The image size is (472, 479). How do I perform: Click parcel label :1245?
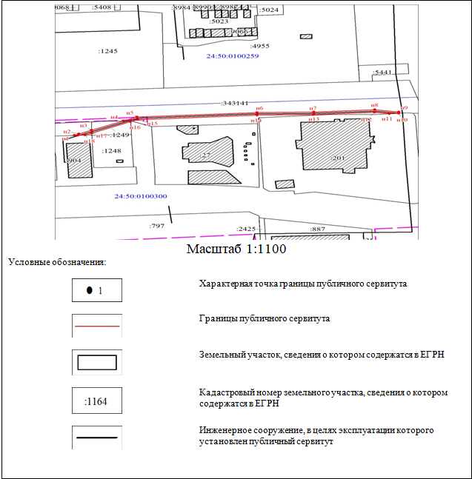[x=108, y=51]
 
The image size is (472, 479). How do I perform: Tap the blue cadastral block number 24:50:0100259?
[x=233, y=56]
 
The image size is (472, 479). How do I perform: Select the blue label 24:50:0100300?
[x=141, y=196]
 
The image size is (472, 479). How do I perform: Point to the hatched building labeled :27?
[x=208, y=153]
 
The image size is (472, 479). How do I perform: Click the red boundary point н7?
[x=313, y=113]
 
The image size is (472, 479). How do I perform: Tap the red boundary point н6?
[x=259, y=114]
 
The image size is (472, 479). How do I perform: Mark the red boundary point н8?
[x=375, y=111]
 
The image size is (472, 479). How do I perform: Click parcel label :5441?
[x=383, y=73]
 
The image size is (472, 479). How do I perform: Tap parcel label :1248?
[x=112, y=151]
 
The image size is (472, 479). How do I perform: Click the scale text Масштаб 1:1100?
[x=236, y=249]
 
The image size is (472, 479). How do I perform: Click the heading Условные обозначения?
[x=57, y=262]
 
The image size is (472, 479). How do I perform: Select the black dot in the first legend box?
[x=90, y=290]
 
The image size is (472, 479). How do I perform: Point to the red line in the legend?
[x=97, y=326]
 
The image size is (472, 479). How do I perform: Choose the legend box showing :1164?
[x=97, y=401]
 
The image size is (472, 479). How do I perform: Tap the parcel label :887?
[x=318, y=230]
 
